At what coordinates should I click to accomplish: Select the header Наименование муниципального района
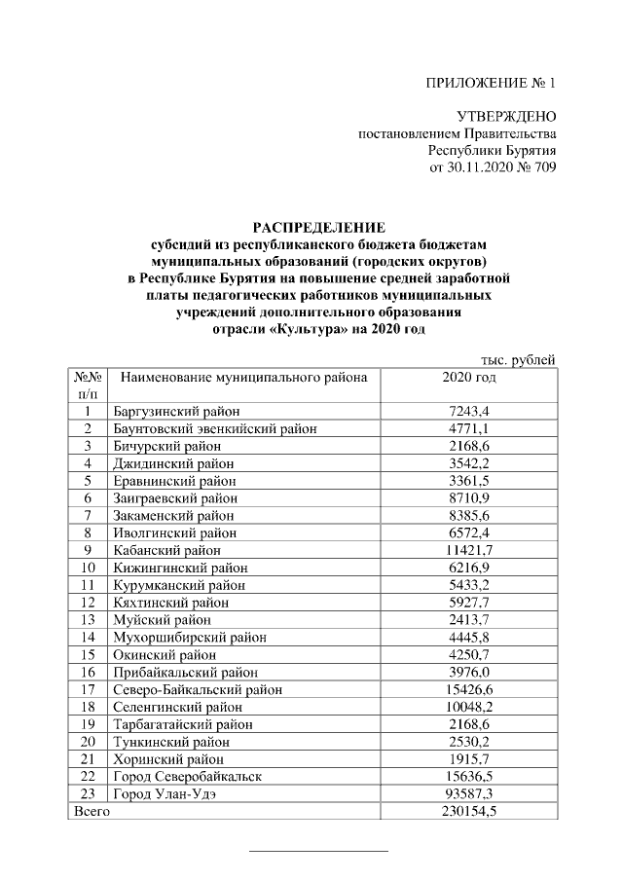(243, 377)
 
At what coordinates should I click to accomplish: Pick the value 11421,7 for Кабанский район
(469, 549)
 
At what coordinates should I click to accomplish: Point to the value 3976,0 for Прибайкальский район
(469, 671)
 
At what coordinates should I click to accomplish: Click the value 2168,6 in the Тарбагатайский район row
(469, 723)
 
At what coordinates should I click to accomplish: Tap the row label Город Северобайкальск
(188, 776)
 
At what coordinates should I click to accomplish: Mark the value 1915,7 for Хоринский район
(469, 758)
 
